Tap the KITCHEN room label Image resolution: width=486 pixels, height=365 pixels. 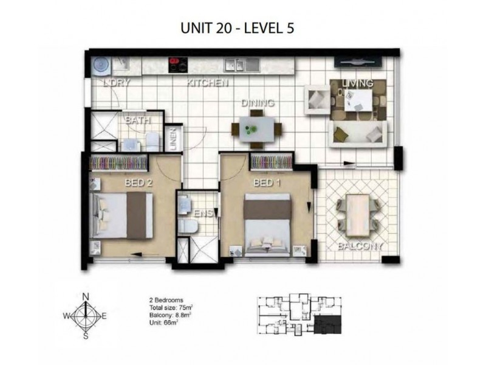click(207, 83)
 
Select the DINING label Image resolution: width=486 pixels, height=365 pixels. click(258, 103)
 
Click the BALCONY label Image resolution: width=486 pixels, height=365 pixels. click(360, 246)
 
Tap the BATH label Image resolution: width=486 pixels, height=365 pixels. click(137, 120)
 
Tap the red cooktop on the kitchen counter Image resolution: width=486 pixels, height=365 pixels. click(177, 63)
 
